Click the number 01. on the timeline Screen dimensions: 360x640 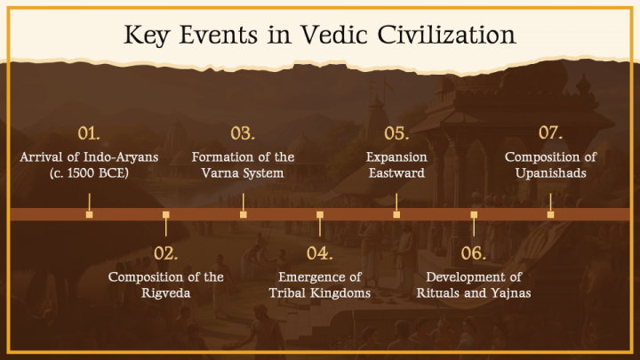pos(89,134)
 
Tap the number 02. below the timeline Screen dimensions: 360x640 pos(166,253)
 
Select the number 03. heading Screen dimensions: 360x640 pos(243,134)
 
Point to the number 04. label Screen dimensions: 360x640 pos(320,253)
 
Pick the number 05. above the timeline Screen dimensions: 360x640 pos(396,134)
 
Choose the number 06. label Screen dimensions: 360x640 pos(474,253)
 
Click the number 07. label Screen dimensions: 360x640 pos(550,134)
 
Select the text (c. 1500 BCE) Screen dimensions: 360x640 pos(89,173)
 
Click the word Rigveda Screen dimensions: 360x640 pos(166,292)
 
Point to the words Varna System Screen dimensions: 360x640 pos(243,173)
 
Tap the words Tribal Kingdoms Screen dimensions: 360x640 pos(320,292)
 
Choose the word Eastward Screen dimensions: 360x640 pos(396,173)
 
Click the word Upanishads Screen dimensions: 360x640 pos(550,173)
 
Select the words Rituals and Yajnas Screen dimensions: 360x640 pos(474,292)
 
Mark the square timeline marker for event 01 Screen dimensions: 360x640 pos(89,214)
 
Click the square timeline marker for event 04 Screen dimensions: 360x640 pos(320,214)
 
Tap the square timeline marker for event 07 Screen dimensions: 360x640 pos(550,214)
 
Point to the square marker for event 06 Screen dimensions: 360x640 pos(474,214)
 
